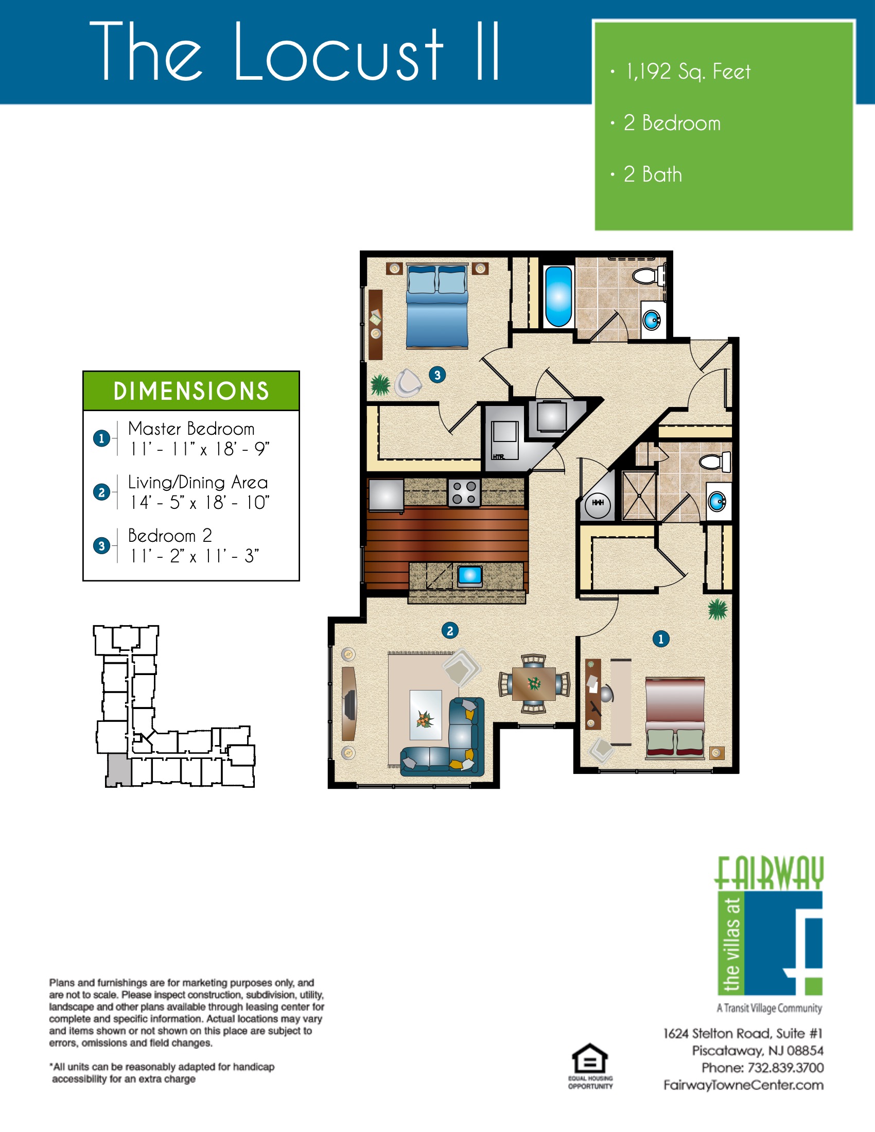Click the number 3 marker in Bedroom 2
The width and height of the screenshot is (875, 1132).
[x=437, y=375]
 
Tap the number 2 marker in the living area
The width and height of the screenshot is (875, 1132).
[x=450, y=631]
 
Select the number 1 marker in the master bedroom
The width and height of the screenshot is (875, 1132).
[x=660, y=639]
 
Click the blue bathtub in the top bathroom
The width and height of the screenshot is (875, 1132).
[x=558, y=296]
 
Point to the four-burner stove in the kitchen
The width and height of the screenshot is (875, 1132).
[x=464, y=492]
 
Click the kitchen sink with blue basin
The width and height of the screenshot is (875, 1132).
[x=470, y=575]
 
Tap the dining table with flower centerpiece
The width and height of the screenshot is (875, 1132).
[x=534, y=684]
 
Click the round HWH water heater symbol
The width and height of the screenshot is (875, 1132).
[x=598, y=503]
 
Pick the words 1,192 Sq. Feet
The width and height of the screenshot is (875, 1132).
[x=688, y=72]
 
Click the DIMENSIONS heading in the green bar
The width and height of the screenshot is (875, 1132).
[x=191, y=391]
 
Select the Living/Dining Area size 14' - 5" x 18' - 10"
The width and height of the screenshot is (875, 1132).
[x=200, y=502]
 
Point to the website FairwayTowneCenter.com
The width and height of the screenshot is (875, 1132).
[x=743, y=1085]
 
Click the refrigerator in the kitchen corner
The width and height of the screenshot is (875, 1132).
[x=386, y=494]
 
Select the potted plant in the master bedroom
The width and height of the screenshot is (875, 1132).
[x=717, y=609]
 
